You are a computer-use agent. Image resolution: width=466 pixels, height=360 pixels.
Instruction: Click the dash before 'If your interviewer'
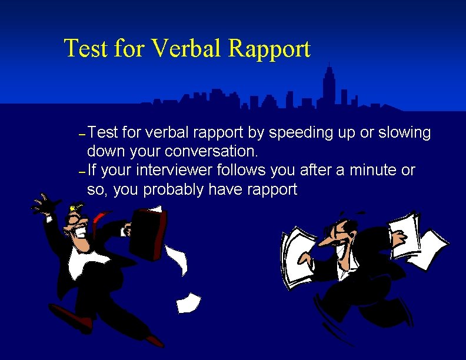pos(82,172)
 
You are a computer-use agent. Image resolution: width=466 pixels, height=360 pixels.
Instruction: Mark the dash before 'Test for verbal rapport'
pos(82,134)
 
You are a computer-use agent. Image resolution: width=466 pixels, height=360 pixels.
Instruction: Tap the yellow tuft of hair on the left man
pos(74,207)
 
